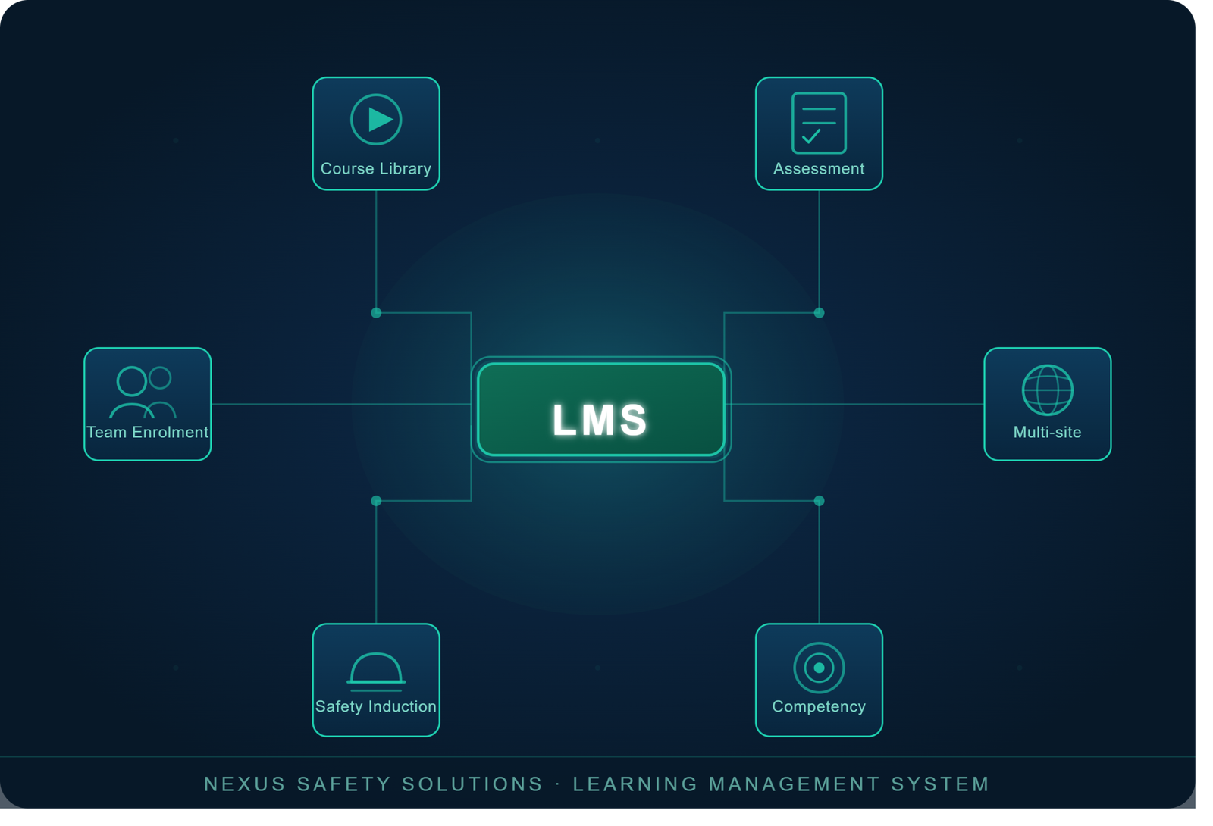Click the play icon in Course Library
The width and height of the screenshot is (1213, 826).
[x=376, y=120]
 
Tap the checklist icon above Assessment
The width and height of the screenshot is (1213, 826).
[x=819, y=123]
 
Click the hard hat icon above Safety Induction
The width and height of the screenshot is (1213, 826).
[x=376, y=672]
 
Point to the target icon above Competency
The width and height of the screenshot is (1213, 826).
[x=819, y=668]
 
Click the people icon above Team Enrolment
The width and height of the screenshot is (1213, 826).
[x=143, y=393]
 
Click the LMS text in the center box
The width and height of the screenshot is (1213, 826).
[x=600, y=420]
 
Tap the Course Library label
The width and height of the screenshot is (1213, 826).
[x=376, y=169]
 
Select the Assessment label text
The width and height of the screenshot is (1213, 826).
[x=819, y=169]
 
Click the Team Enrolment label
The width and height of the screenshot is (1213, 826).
[x=147, y=433]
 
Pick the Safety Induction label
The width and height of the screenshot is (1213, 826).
[x=376, y=706]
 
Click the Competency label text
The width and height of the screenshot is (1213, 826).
[x=819, y=706]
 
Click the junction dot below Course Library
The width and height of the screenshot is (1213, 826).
[x=376, y=313]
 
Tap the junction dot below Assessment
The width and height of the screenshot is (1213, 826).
[x=820, y=313]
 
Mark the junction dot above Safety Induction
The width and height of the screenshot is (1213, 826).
[x=376, y=501]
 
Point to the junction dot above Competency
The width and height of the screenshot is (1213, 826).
[x=820, y=501]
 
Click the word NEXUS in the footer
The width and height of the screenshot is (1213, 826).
[x=245, y=784]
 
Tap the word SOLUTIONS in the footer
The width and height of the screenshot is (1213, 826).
[x=472, y=784]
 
